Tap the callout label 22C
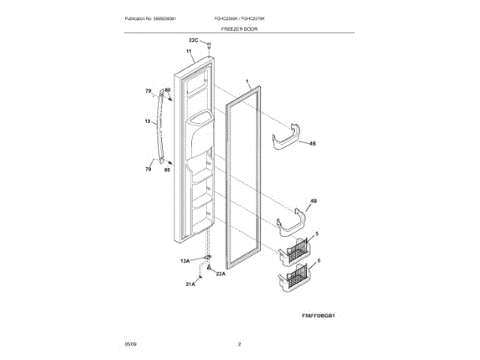[193, 40]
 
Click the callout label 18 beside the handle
[147, 120]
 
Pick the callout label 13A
[184, 260]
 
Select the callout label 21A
[190, 284]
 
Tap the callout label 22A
[220, 274]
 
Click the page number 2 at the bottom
[239, 343]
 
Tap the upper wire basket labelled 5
[296, 251]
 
